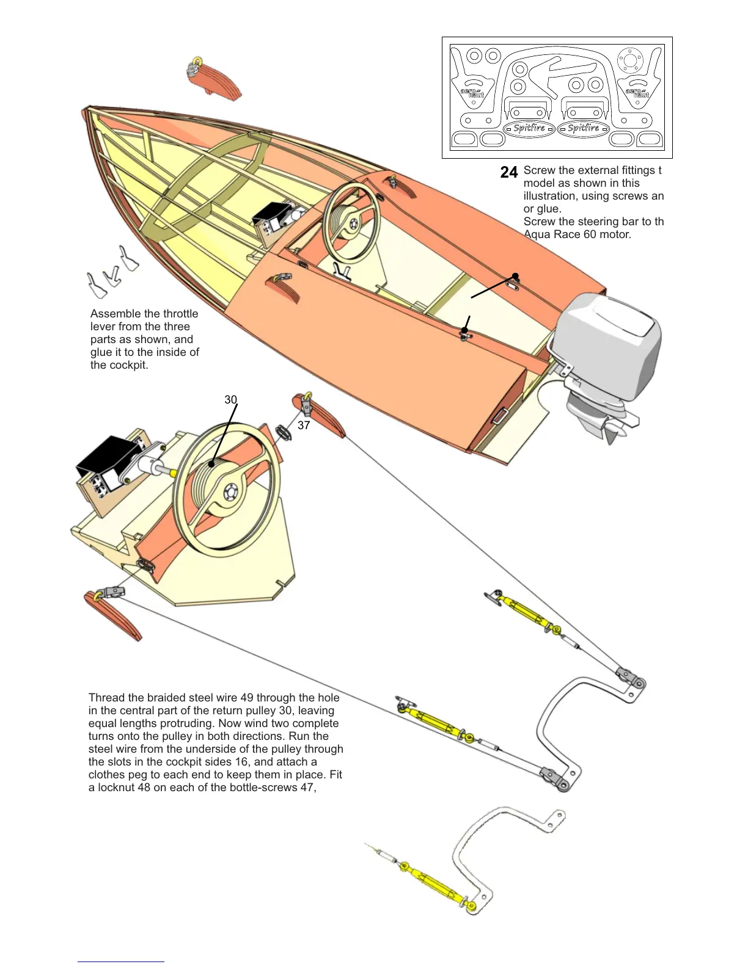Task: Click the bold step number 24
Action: click(x=508, y=173)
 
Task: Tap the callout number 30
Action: click(x=230, y=400)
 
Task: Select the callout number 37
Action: click(x=304, y=426)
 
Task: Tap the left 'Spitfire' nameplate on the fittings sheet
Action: click(x=529, y=128)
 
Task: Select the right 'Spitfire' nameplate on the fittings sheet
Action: click(x=583, y=128)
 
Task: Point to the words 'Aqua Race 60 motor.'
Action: click(x=578, y=234)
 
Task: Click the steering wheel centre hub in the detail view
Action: click(x=230, y=492)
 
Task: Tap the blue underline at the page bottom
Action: click(x=121, y=962)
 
